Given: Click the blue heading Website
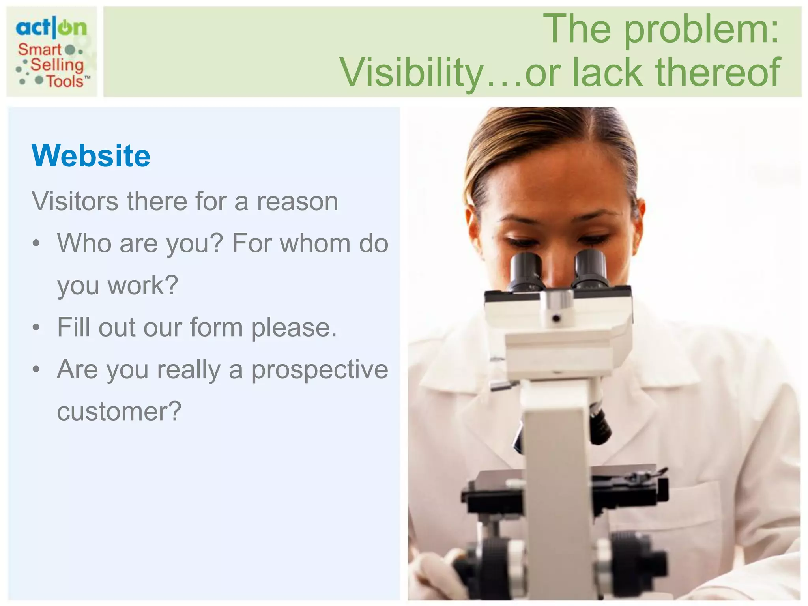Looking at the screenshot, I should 91,156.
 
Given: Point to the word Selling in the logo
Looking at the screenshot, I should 57,65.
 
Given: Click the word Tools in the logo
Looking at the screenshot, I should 65,81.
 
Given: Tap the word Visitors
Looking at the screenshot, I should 75,201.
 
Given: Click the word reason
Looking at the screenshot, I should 297,201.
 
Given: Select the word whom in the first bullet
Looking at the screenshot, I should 315,243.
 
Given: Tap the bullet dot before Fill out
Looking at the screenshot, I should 36,327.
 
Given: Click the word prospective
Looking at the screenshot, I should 320,370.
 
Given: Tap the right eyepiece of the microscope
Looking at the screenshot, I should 590,268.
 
